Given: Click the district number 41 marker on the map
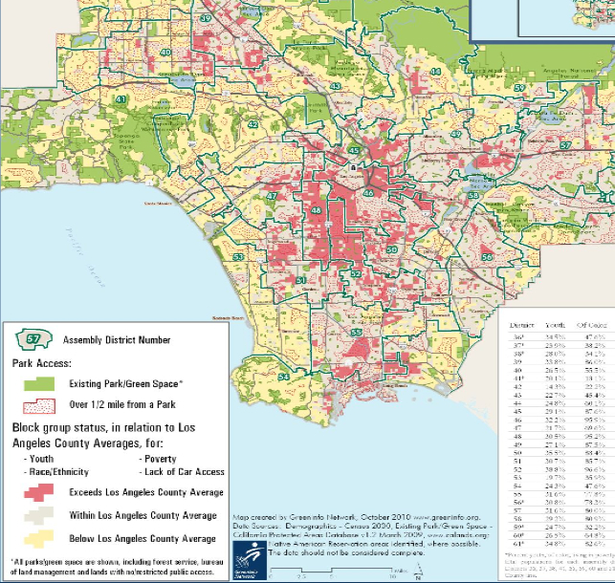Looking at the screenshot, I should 121,99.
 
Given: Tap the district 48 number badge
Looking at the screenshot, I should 317,209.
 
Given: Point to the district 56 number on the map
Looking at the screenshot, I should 487,257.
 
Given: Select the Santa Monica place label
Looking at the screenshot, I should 155,204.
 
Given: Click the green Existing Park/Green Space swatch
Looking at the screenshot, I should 34,383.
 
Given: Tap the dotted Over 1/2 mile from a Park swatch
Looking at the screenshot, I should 34,406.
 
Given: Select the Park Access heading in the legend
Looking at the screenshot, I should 43,364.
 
